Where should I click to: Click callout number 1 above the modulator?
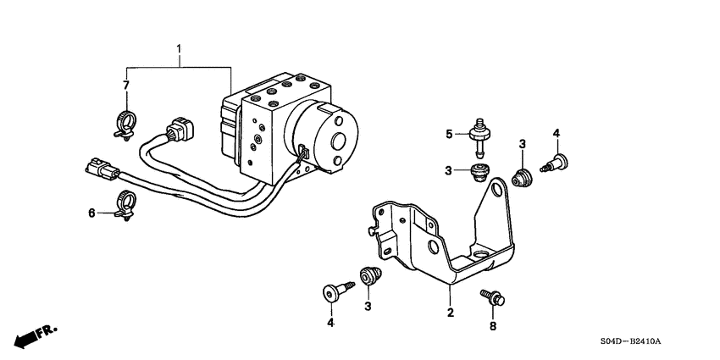coord(179,49)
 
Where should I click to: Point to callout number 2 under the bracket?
coord(451,313)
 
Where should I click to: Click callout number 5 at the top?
coord(451,132)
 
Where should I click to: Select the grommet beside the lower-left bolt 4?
coord(368,275)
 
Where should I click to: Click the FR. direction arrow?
coord(30,335)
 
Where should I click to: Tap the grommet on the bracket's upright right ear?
coord(523,178)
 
